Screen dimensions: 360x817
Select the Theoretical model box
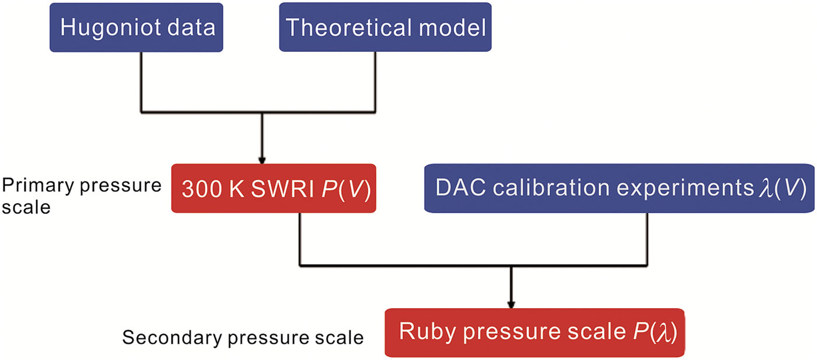tap(385, 27)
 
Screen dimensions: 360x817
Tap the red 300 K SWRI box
tap(274, 189)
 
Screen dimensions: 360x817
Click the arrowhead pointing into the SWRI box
tap(262, 160)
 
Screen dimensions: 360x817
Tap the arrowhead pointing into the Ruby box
tap(511, 304)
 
